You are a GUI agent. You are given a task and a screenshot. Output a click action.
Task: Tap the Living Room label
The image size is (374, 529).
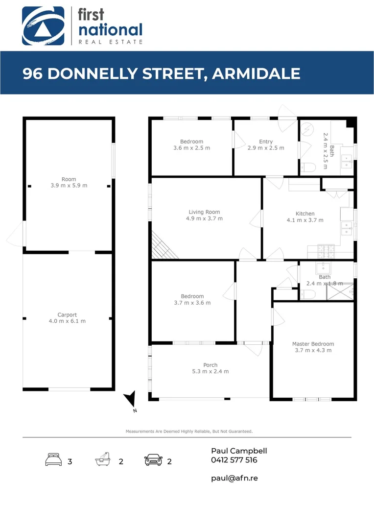coord(204,212)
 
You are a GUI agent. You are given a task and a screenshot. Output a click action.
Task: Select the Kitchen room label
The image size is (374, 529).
coord(304,214)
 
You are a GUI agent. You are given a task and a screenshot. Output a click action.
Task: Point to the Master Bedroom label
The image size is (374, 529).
coord(313,344)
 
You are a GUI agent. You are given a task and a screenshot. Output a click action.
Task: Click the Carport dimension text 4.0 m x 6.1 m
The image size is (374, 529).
coord(68,321)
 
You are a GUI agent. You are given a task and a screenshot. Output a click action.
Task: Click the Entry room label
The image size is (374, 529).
coord(266,142)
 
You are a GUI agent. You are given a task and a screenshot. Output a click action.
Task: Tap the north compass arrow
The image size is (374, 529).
coord(130,399)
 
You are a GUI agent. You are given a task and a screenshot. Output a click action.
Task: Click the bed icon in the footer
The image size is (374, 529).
coord(53,460)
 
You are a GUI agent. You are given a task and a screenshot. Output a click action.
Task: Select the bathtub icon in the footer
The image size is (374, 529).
coord(103,460)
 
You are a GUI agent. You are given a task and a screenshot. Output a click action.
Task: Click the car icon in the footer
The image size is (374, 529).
coord(153,460)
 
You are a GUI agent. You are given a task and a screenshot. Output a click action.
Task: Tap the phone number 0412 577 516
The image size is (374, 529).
coord(234,460)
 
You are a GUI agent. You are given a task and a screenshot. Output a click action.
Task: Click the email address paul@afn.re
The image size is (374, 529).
coord(234,478)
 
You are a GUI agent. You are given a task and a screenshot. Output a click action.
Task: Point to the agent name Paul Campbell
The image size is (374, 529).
coord(239,451)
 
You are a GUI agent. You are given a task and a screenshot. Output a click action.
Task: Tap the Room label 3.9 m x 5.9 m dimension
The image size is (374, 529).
coord(69,185)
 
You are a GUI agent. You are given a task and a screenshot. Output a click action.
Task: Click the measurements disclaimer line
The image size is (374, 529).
coord(189,431)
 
